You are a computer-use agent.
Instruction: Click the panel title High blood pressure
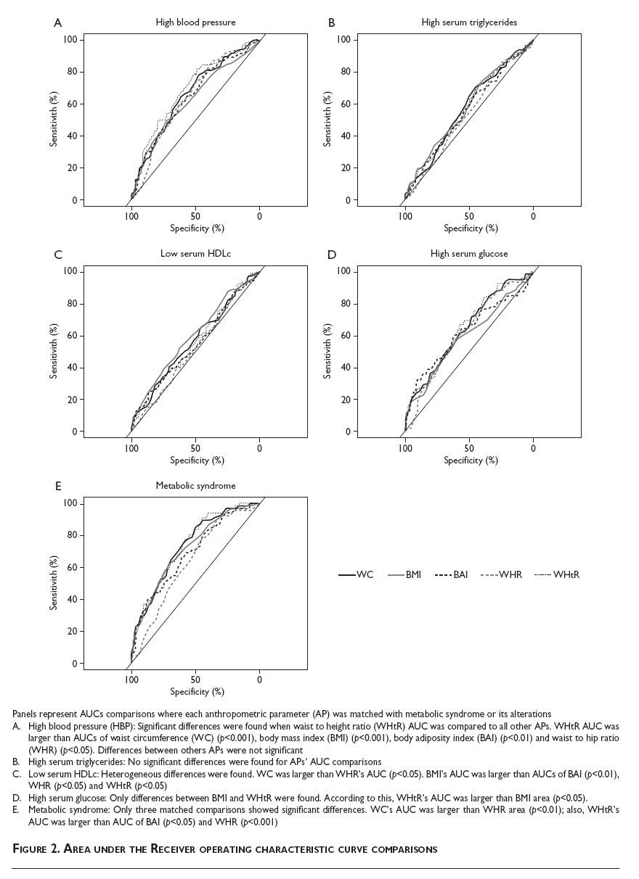pyautogui.click(x=195, y=22)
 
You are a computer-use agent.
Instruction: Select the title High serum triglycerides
pyautogui.click(x=469, y=22)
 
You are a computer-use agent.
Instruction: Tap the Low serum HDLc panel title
pyautogui.click(x=195, y=254)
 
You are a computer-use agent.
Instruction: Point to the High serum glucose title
pyautogui.click(x=469, y=254)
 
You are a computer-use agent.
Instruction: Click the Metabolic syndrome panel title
pyautogui.click(x=195, y=486)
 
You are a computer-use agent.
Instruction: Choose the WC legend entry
pyautogui.click(x=357, y=575)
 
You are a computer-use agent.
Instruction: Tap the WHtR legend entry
pyautogui.click(x=557, y=575)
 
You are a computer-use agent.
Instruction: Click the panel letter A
pyautogui.click(x=58, y=23)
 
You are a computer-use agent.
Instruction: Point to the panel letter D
pyautogui.click(x=332, y=255)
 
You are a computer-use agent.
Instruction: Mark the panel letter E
pyautogui.click(x=58, y=487)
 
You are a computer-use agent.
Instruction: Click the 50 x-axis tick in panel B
pyautogui.click(x=469, y=216)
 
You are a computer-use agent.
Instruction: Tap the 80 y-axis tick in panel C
pyautogui.click(x=71, y=304)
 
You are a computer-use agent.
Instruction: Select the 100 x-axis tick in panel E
pyautogui.click(x=131, y=680)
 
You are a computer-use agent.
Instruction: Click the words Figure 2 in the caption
pyautogui.click(x=41, y=849)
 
